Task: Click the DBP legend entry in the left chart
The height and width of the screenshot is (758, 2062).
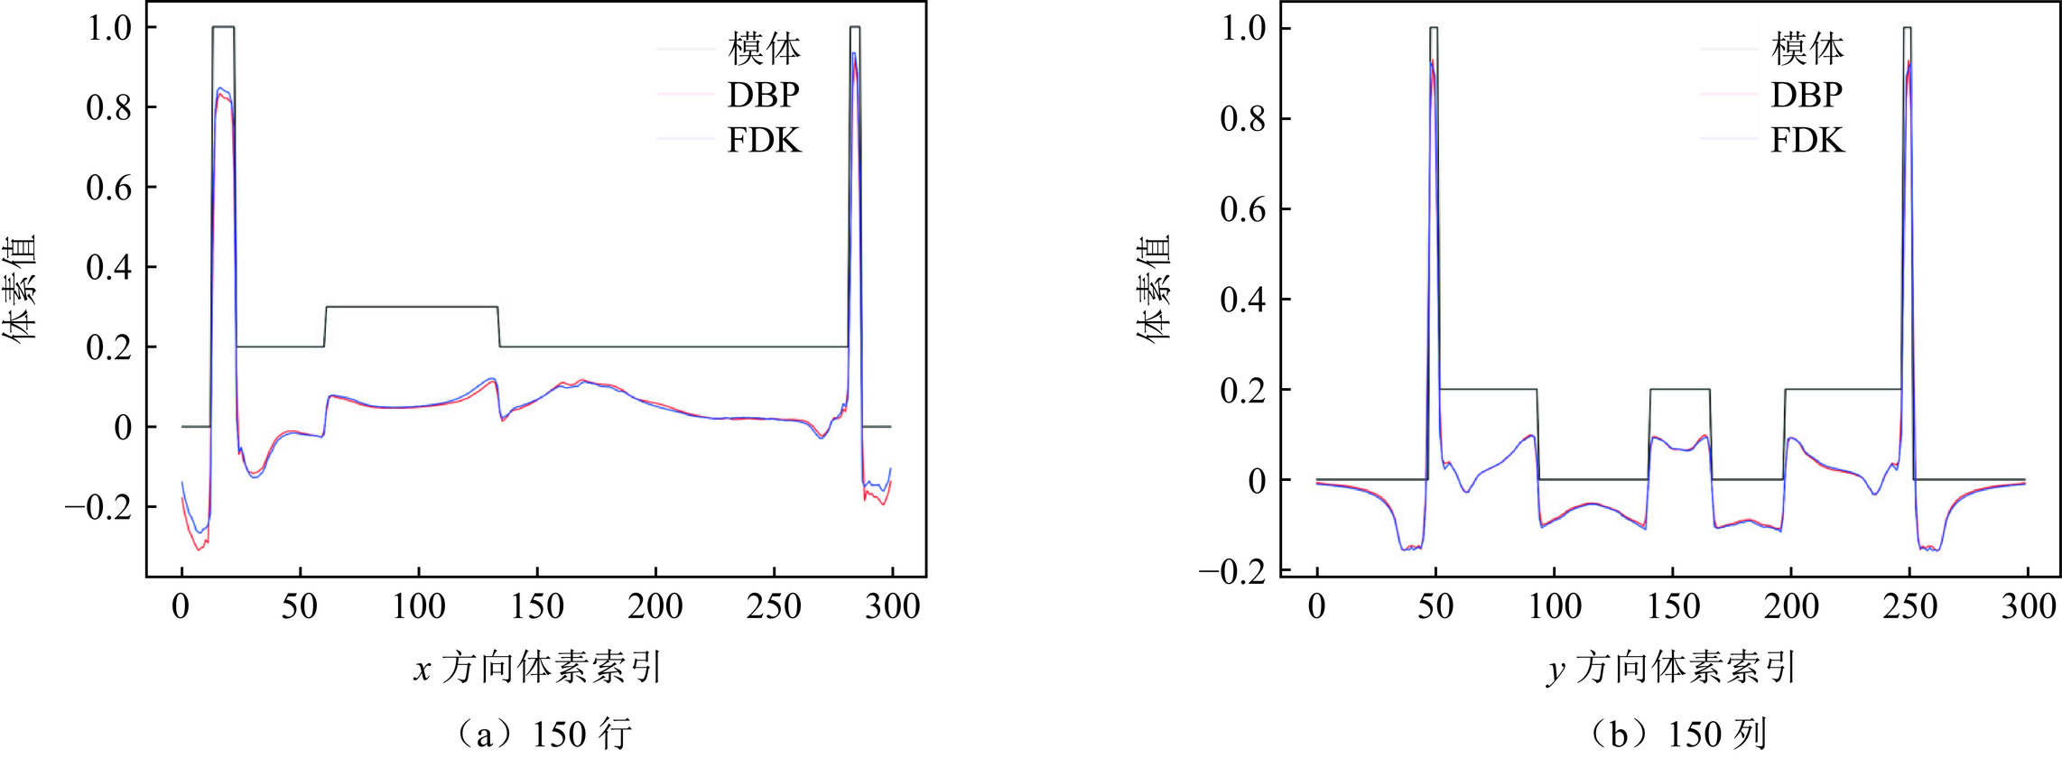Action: coord(763,95)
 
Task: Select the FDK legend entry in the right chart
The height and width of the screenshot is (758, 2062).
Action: coord(1807,141)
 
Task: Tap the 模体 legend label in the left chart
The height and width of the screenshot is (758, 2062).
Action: coord(764,49)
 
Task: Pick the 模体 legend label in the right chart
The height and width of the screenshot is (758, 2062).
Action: coord(1807,49)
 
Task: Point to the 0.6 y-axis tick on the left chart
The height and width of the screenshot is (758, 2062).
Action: coord(108,188)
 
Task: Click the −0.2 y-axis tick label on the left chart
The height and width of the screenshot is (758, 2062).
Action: coord(98,507)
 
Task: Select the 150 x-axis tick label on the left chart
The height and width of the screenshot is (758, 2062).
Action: coord(537,606)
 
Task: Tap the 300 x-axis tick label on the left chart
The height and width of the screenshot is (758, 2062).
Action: coord(892,606)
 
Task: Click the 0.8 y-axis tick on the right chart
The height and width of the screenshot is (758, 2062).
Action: coord(1243,119)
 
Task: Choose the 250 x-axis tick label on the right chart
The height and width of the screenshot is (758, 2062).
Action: coord(1909,606)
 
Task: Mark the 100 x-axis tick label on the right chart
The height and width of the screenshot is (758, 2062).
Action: coord(1555,606)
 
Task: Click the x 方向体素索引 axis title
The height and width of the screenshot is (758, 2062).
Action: coord(538,669)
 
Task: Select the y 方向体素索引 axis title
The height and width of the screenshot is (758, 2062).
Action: coord(1671,669)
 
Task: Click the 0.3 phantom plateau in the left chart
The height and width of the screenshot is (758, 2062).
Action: coord(412,307)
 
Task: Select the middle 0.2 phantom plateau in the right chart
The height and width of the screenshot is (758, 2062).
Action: coord(1679,389)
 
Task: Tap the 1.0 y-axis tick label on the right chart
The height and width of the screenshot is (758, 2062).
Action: coord(1243,29)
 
